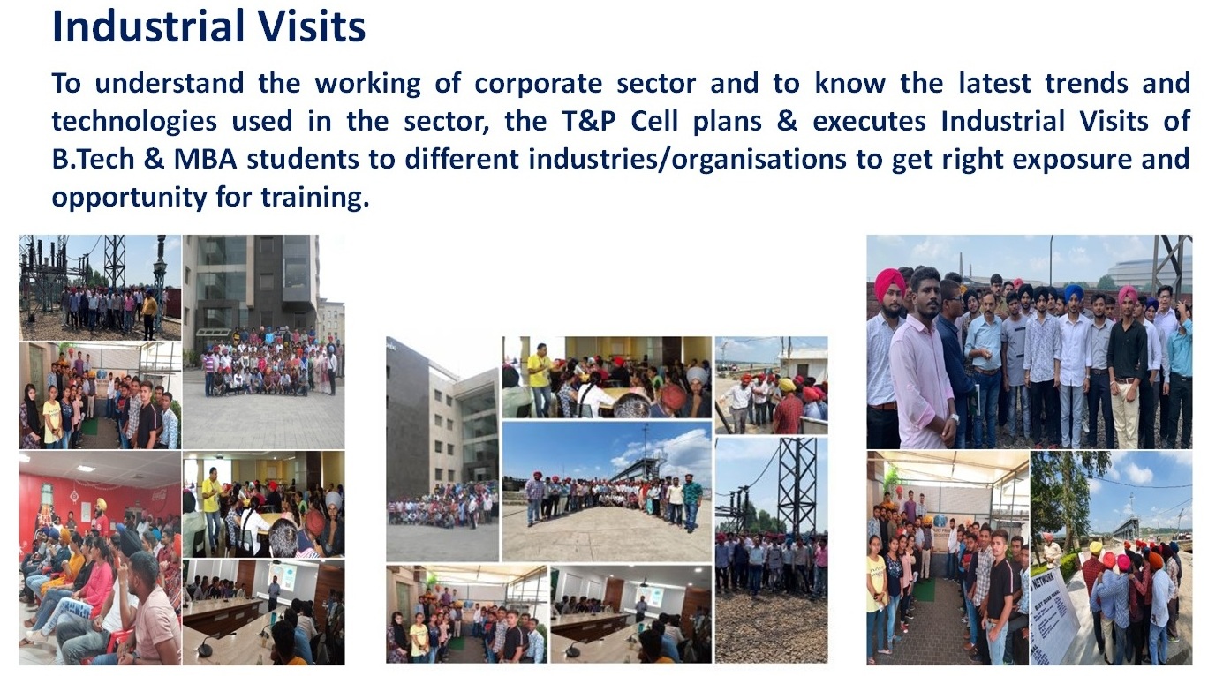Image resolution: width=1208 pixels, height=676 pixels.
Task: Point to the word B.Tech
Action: (x=93, y=159)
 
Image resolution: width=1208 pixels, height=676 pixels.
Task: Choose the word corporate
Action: (x=538, y=84)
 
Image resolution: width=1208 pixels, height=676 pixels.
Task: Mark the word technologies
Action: (x=133, y=122)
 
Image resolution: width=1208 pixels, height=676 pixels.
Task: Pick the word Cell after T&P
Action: (x=654, y=120)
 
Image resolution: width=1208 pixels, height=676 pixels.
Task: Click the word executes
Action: (x=869, y=120)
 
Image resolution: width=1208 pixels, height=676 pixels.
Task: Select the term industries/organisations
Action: (x=687, y=160)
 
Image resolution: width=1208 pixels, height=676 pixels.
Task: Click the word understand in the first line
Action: (x=170, y=82)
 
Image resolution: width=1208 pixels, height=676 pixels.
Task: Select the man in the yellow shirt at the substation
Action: (x=150, y=315)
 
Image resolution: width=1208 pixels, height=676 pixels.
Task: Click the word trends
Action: (x=1085, y=82)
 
